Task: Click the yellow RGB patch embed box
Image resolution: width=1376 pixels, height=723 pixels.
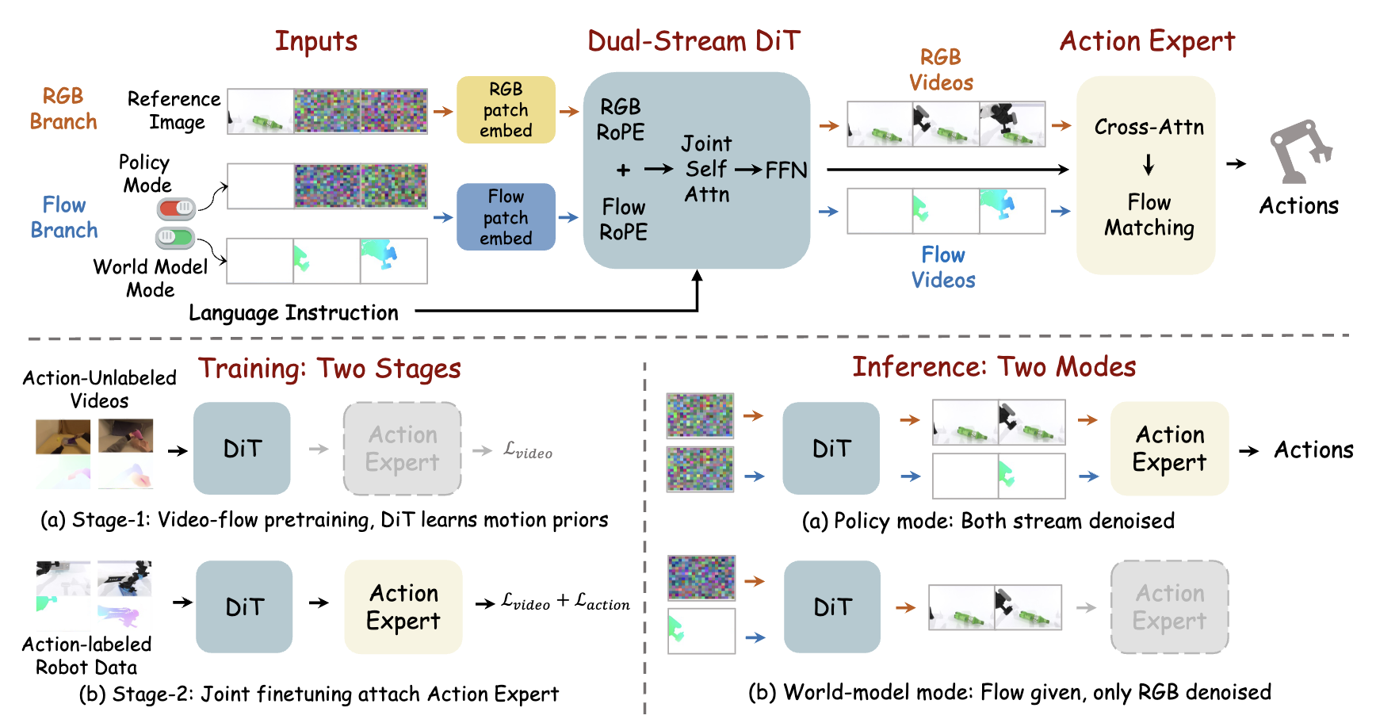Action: [506, 109]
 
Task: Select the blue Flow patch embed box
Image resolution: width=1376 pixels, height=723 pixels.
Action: [506, 216]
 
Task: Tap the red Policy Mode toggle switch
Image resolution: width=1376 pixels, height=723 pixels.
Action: [176, 209]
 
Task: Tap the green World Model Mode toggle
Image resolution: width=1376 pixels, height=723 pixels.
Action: [174, 237]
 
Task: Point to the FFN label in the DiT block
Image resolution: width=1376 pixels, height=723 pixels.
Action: [785, 170]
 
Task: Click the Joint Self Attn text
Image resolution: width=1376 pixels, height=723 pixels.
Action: [707, 169]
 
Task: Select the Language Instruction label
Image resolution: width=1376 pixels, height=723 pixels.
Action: [293, 313]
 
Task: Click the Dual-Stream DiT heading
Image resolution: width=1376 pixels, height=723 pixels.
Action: [694, 41]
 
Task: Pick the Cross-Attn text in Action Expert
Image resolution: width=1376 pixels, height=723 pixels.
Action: [1149, 127]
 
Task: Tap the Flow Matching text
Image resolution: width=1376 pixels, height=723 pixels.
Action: [1149, 215]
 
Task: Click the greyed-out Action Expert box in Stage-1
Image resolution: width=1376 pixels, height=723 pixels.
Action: [403, 449]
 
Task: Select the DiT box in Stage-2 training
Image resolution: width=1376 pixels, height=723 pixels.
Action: [244, 607]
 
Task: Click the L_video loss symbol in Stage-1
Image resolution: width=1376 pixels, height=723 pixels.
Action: [528, 450]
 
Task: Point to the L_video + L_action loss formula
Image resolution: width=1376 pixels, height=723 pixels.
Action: [565, 602]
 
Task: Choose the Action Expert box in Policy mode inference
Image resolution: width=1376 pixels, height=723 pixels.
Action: [1170, 449]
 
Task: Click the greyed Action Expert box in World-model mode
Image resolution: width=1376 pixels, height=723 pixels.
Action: [1170, 607]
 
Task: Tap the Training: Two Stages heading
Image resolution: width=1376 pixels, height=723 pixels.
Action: [330, 369]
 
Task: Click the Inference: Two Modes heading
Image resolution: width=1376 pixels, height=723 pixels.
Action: [994, 367]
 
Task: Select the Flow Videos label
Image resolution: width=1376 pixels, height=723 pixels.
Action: [943, 267]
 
